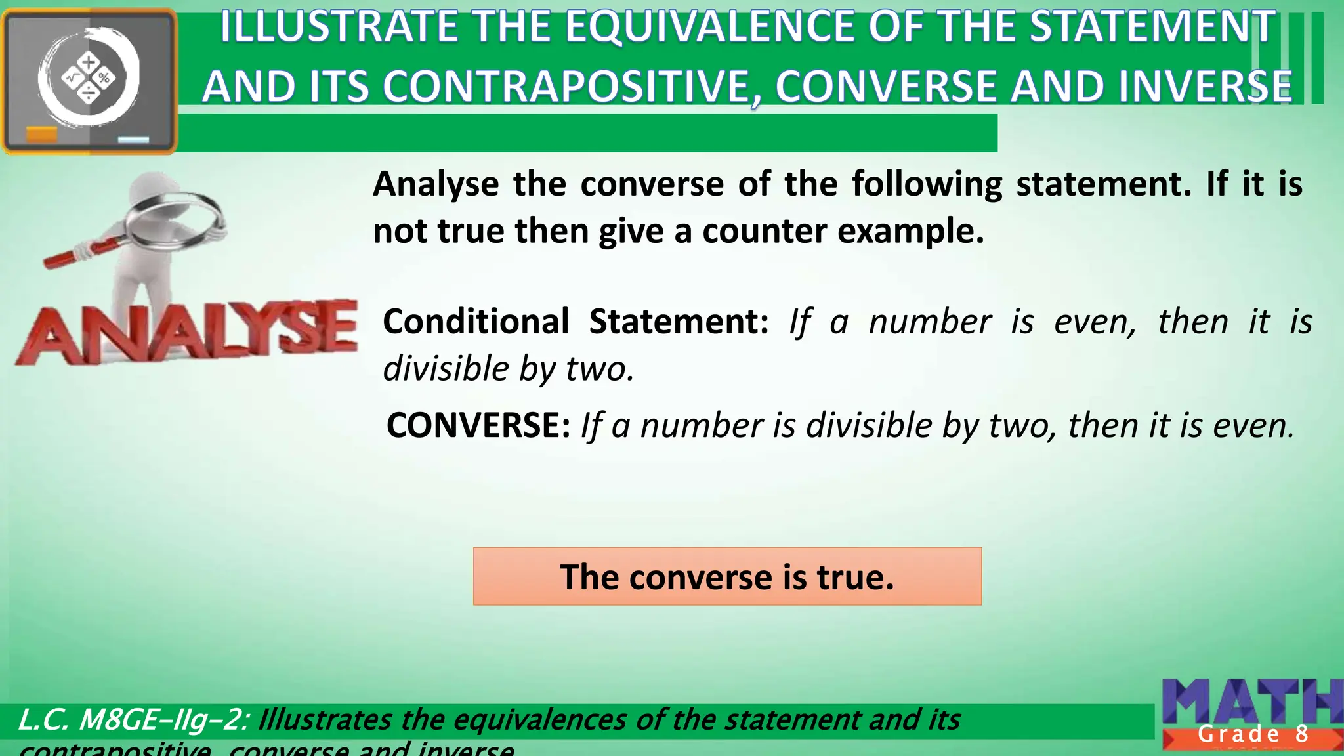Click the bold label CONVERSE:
478,425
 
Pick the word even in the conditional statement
1094,322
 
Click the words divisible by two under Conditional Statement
509,369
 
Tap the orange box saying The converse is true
727,576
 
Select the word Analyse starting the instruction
436,184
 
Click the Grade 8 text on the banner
1253,734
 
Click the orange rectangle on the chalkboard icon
41,135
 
